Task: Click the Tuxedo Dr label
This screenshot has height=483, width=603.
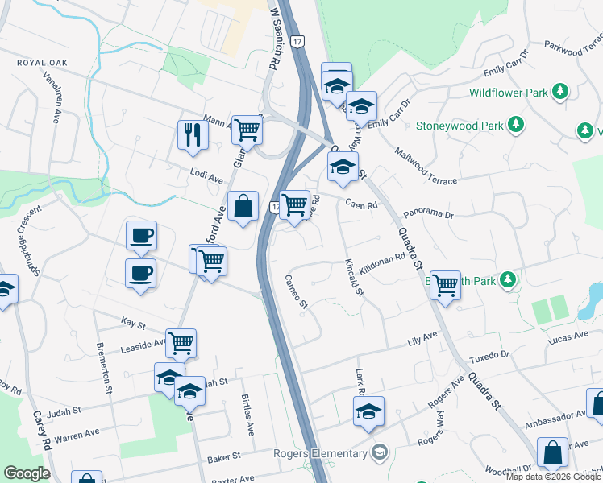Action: [494, 355]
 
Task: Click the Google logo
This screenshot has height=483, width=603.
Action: [27, 473]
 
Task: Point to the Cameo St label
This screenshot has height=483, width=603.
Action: [297, 291]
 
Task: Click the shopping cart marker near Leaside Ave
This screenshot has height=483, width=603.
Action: [181, 344]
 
